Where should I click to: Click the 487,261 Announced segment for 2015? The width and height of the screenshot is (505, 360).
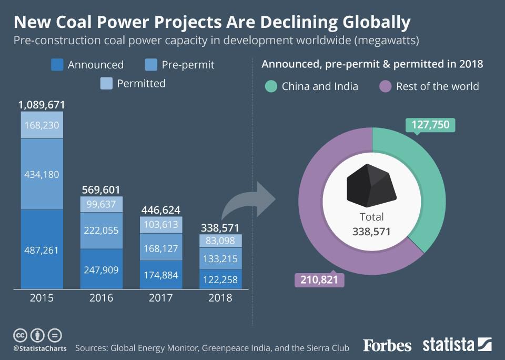point(42,249)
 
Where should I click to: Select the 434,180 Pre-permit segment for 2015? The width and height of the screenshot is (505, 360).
point(42,174)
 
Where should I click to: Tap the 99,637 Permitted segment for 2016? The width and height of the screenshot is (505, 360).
point(101,204)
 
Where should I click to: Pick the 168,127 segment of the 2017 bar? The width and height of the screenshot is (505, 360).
point(161,248)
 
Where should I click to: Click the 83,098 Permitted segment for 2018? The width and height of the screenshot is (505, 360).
point(220,241)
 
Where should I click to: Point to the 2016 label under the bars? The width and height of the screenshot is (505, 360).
point(101,298)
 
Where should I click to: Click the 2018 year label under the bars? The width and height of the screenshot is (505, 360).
point(220,298)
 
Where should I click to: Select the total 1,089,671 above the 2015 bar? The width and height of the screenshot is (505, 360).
point(42,105)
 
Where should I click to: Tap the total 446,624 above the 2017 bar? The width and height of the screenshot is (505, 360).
point(161,210)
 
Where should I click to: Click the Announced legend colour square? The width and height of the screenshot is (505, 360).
point(57,65)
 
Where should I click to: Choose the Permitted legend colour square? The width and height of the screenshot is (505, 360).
point(106,83)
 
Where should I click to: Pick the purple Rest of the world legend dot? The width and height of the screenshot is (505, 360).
point(386,86)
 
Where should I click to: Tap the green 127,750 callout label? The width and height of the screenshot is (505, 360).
point(430,125)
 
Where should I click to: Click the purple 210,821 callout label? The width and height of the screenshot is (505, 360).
point(319,279)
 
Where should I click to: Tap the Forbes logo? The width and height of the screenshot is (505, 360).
point(387,345)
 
